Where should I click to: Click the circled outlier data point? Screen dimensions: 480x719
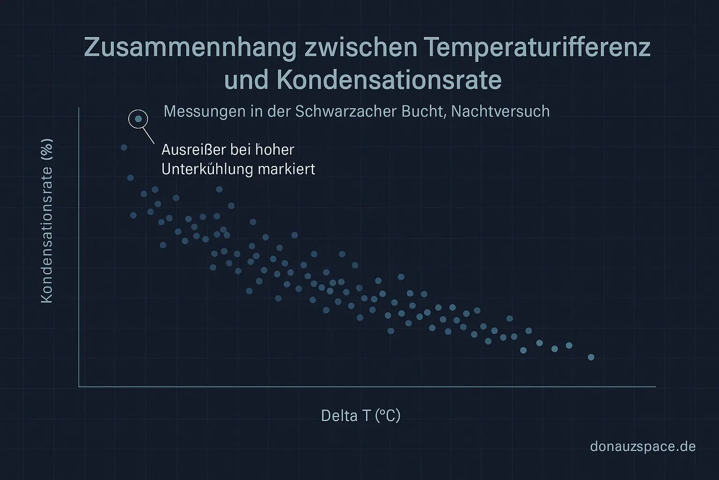tap(138, 119)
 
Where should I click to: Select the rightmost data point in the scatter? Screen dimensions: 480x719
tap(591, 357)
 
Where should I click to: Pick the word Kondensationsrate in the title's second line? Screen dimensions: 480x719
tap(389, 81)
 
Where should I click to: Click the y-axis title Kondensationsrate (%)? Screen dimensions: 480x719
tap(47, 221)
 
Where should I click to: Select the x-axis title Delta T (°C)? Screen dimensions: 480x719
tap(360, 415)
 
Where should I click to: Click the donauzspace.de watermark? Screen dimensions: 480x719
tap(643, 446)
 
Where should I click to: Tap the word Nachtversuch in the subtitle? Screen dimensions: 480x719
tap(500, 112)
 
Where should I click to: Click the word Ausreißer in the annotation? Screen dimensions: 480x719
tap(192, 150)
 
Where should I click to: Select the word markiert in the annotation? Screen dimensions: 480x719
tap(288, 169)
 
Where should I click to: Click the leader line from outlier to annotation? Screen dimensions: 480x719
tap(148, 135)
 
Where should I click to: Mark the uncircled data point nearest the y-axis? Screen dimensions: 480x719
tap(124, 147)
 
